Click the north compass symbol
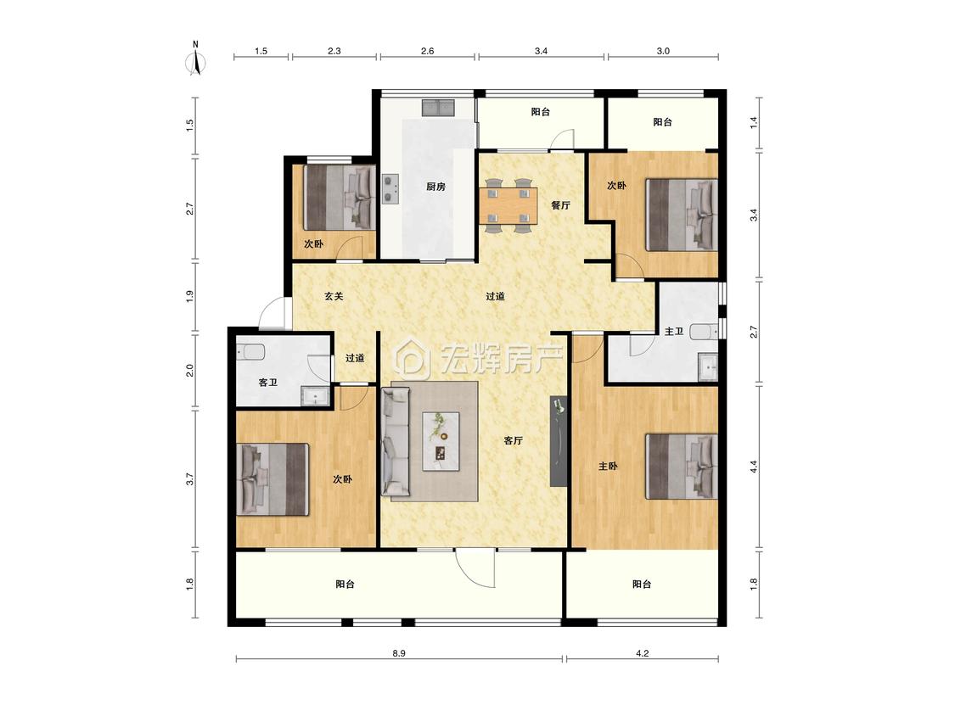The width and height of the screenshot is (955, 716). pyautogui.click(x=195, y=59)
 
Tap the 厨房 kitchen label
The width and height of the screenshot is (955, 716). pyautogui.click(x=435, y=187)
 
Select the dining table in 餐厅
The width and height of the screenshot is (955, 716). pyautogui.click(x=508, y=206)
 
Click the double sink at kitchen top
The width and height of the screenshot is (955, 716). pyautogui.click(x=439, y=108)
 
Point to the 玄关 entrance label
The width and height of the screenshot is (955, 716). pyautogui.click(x=333, y=297)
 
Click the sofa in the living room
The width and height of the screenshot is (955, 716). pyautogui.click(x=396, y=441)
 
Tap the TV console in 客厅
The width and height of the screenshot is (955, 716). pyautogui.click(x=559, y=441)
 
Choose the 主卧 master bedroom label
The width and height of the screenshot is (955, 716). pyautogui.click(x=608, y=467)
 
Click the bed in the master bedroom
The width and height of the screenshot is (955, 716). pyautogui.click(x=682, y=467)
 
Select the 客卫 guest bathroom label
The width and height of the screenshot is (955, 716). pyautogui.click(x=268, y=383)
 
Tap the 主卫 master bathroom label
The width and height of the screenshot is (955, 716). pyautogui.click(x=674, y=332)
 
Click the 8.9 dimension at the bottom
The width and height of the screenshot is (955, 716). pyautogui.click(x=399, y=653)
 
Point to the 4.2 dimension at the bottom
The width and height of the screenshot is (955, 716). pyautogui.click(x=642, y=653)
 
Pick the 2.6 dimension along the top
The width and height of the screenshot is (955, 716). pyautogui.click(x=428, y=51)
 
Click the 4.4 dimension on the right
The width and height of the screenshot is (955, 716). pyautogui.click(x=754, y=467)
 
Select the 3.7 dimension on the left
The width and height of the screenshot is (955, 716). pyautogui.click(x=190, y=479)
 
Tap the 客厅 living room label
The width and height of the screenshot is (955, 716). pyautogui.click(x=514, y=441)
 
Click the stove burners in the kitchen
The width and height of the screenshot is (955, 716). pyautogui.click(x=390, y=189)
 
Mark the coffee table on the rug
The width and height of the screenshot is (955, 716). pyautogui.click(x=441, y=441)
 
